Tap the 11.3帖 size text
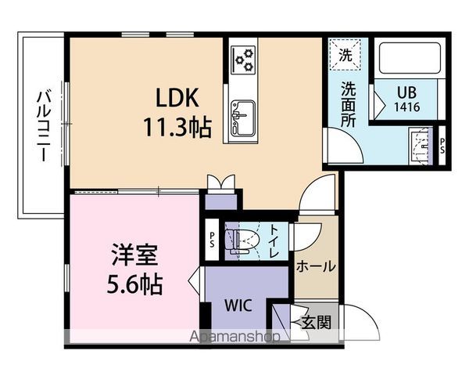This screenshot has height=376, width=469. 177,126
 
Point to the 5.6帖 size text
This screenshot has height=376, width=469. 135,284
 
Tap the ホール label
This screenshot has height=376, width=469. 316,266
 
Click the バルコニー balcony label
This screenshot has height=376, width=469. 41,125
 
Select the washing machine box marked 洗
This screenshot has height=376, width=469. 345,54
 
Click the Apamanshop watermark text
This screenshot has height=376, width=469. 234,338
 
